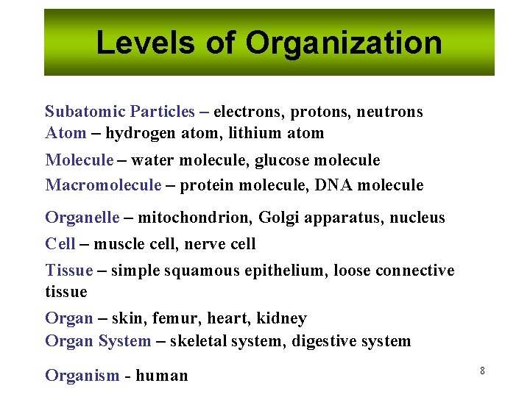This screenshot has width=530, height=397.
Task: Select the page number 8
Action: point(482,371)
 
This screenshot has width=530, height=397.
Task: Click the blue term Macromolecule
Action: point(103,185)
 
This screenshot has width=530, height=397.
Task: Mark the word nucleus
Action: point(417,218)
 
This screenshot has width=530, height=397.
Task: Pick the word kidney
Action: point(281,319)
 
